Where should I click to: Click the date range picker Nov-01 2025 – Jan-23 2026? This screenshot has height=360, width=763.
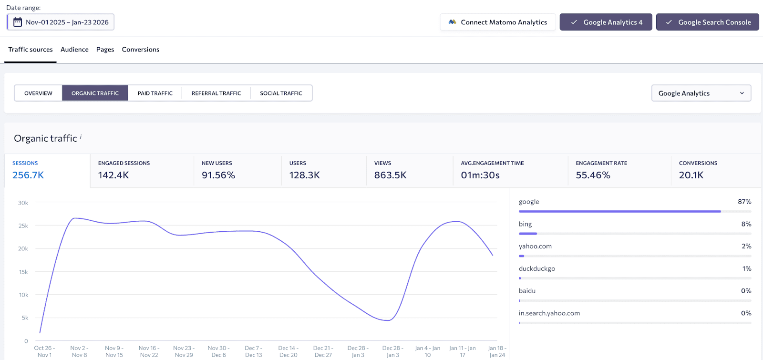tap(61, 22)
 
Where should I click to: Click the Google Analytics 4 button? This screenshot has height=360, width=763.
tap(606, 22)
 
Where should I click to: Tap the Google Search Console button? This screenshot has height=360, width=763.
tap(707, 22)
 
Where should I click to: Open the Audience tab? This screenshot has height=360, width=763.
tap(74, 50)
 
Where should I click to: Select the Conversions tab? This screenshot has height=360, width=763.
tap(140, 50)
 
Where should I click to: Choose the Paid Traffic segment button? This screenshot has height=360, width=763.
tap(155, 93)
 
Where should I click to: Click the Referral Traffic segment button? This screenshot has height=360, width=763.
tap(216, 93)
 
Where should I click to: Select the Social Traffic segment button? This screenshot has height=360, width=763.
tap(281, 93)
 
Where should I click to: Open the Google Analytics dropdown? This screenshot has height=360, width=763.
tap(701, 93)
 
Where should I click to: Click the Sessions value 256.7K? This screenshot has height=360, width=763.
tap(28, 175)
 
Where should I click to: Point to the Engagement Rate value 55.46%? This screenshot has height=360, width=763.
tap(593, 175)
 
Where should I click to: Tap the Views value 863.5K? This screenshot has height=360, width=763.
tap(390, 175)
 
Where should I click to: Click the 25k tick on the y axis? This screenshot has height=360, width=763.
tap(23, 226)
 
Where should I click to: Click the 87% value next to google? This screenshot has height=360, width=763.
tap(744, 202)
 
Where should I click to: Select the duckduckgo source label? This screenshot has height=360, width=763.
tap(537, 269)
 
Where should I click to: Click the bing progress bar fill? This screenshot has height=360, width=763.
tap(528, 234)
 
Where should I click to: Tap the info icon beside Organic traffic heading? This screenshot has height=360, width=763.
tap(81, 136)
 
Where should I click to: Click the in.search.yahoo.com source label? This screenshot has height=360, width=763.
tap(549, 313)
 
